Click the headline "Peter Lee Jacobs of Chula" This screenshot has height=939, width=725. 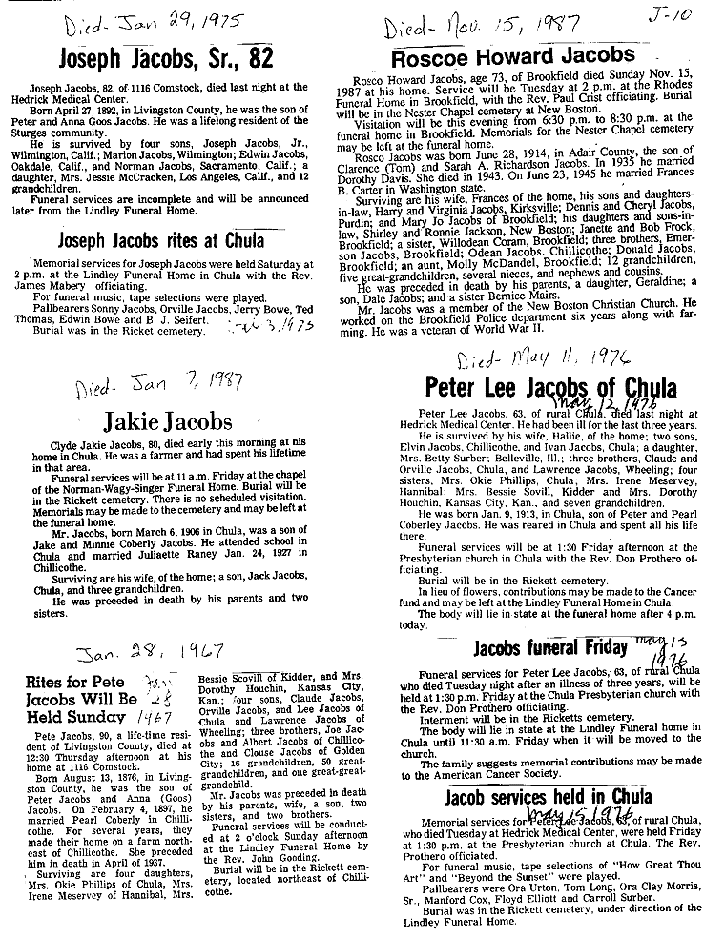pos(549,387)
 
